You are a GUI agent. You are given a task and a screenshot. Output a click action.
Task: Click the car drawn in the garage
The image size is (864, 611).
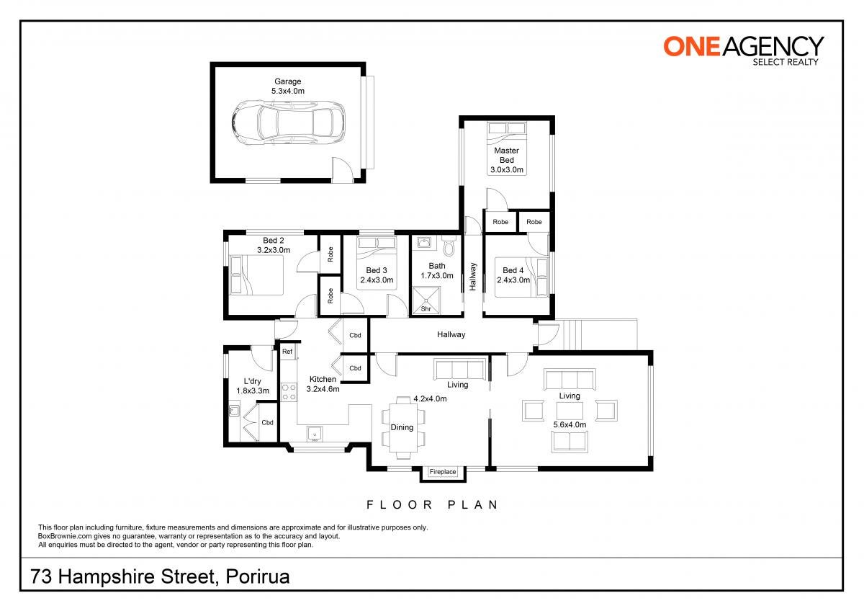click(x=289, y=123)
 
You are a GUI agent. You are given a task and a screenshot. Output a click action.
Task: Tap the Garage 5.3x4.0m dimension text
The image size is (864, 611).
click(x=288, y=91)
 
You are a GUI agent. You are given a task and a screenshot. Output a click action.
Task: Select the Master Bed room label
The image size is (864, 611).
click(x=506, y=155)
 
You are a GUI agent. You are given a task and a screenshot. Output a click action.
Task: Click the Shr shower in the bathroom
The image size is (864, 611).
click(x=426, y=300)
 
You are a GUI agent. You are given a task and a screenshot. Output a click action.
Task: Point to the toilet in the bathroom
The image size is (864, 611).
click(x=449, y=245)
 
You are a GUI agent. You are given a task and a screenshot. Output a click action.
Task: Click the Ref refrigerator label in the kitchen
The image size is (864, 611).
click(x=287, y=351)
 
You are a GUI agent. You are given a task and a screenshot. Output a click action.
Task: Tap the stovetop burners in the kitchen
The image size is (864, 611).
click(x=289, y=392)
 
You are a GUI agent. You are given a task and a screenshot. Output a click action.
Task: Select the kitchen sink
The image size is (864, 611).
click(x=315, y=434)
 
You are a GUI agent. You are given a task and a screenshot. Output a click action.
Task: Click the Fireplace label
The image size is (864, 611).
click(x=442, y=472)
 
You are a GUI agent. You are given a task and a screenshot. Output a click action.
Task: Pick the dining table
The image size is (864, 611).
click(x=403, y=428)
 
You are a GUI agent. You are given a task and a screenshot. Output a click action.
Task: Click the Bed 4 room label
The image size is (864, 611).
click(x=513, y=271)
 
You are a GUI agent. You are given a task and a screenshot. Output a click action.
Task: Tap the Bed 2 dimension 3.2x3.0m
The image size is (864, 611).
click(x=274, y=250)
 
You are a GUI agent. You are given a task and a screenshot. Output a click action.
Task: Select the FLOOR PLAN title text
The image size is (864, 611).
click(x=433, y=505)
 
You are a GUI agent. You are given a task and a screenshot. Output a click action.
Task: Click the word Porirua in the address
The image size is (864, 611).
click(x=257, y=576)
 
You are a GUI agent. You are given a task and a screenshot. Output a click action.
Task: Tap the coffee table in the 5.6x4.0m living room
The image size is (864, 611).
click(x=570, y=411)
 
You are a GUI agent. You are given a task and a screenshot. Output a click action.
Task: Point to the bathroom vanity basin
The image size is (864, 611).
click(x=424, y=243)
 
